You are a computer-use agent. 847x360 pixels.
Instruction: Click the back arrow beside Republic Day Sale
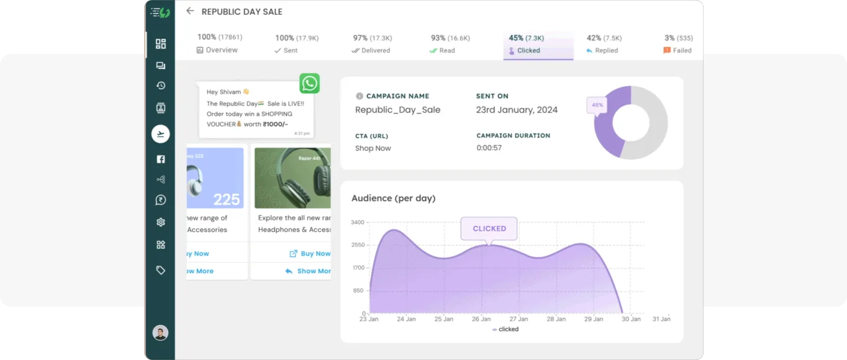point(190,11)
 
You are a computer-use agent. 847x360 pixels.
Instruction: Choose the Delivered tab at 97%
point(371,45)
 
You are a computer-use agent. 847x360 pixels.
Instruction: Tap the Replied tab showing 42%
point(604,45)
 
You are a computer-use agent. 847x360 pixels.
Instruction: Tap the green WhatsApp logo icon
point(309,83)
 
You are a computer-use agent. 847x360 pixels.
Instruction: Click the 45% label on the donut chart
point(597,105)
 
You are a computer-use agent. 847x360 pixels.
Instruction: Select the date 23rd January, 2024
point(517,110)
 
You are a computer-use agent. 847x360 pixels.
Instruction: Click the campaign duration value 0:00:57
point(489,148)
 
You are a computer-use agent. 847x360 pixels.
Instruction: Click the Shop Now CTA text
point(373,148)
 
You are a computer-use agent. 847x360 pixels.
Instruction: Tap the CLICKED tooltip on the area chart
point(489,228)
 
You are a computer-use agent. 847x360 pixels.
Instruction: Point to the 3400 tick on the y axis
point(358,222)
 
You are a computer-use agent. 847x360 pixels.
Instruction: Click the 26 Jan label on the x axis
point(481,319)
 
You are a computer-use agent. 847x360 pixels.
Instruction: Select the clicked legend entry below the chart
point(505,330)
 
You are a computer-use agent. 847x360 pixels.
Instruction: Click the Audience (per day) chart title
point(394,199)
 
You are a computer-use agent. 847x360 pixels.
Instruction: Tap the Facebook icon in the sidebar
point(161,160)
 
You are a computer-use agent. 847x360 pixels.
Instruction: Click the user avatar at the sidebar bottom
point(160,333)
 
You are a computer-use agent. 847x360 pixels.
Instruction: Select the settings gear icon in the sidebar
point(161,222)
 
